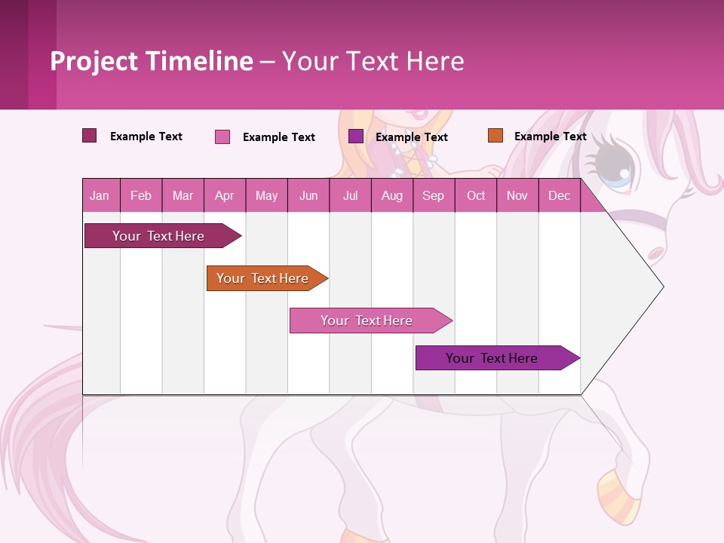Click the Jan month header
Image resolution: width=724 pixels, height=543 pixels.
point(100,196)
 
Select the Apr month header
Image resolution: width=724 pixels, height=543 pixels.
point(224,196)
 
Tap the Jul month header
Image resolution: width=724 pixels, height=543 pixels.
point(350,196)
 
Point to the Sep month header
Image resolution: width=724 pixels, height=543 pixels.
point(433,196)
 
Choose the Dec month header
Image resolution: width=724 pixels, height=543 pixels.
point(559,196)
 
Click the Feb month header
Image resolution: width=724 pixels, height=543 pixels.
point(141,196)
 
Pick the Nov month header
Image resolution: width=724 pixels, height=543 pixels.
point(517,196)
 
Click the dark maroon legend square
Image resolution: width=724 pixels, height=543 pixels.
point(90,136)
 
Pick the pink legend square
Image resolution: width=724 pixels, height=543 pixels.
point(222,137)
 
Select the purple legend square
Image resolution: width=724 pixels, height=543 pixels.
point(356,137)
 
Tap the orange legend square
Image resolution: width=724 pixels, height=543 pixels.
point(495,136)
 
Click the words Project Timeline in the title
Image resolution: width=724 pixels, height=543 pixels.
point(152,61)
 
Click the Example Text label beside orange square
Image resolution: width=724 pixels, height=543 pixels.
point(550,137)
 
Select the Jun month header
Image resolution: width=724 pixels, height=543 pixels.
point(308,196)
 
